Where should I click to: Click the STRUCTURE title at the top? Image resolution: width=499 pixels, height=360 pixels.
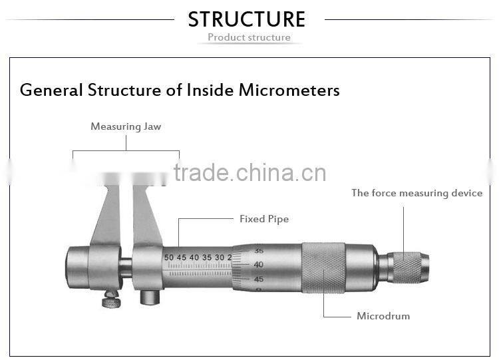click(x=247, y=19)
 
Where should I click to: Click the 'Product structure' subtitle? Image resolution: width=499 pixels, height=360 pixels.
click(x=249, y=37)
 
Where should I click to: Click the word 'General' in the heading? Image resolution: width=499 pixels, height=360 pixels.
click(x=51, y=90)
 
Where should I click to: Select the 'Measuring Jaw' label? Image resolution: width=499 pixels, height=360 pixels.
click(x=126, y=126)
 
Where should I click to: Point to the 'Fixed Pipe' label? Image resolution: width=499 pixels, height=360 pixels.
click(x=264, y=219)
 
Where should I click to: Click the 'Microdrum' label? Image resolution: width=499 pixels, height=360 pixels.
click(x=383, y=316)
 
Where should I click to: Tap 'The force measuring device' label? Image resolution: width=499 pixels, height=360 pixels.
click(x=416, y=193)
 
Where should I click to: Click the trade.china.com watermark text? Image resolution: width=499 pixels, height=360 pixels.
click(x=249, y=173)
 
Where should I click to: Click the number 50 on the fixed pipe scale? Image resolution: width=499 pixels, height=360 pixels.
click(x=169, y=257)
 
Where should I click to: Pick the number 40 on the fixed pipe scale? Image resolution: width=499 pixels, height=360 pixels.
click(x=194, y=257)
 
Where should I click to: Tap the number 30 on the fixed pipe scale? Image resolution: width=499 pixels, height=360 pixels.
click(x=220, y=257)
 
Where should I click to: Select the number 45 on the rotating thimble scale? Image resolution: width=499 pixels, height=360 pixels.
click(x=258, y=279)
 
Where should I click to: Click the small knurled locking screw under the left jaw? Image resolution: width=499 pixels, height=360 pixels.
click(x=111, y=301)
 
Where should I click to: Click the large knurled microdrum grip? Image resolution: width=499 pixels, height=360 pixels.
click(x=323, y=268)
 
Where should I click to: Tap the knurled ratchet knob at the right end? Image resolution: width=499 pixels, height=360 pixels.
click(x=408, y=267)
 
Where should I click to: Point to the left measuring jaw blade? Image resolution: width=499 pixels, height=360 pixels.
click(x=107, y=216)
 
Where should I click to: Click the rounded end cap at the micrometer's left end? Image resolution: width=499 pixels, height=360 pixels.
click(x=77, y=267)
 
